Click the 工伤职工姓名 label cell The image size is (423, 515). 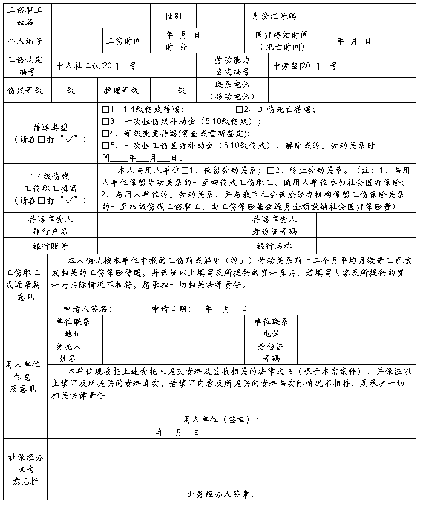pyautogui.click(x=27, y=16)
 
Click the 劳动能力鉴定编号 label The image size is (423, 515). pyautogui.click(x=232, y=66)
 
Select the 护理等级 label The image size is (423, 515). pyautogui.click(x=122, y=90)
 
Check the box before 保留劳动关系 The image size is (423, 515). pyautogui.click(x=185, y=170)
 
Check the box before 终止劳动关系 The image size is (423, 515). pyautogui.click(x=271, y=170)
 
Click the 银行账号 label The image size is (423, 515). pyautogui.click(x=50, y=246)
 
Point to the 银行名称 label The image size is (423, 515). pyautogui.click(x=274, y=246)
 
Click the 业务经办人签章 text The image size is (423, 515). pyautogui.click(x=220, y=494)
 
